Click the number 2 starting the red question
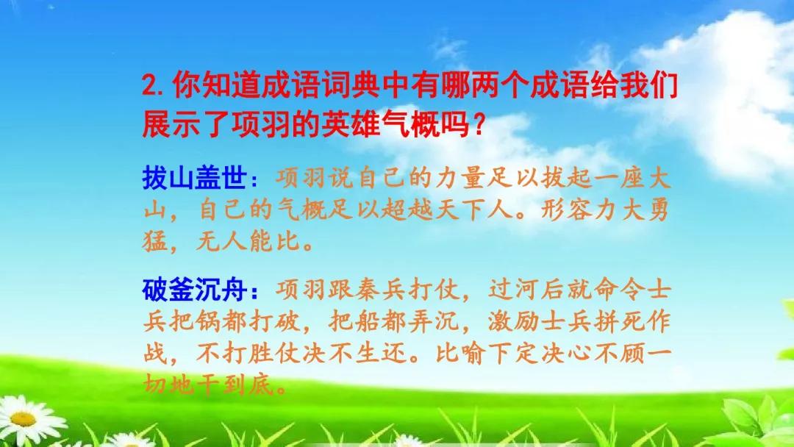(151, 85)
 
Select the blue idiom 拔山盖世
(194, 178)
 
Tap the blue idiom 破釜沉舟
(194, 290)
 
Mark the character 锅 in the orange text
(209, 321)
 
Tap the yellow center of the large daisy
(22, 419)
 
